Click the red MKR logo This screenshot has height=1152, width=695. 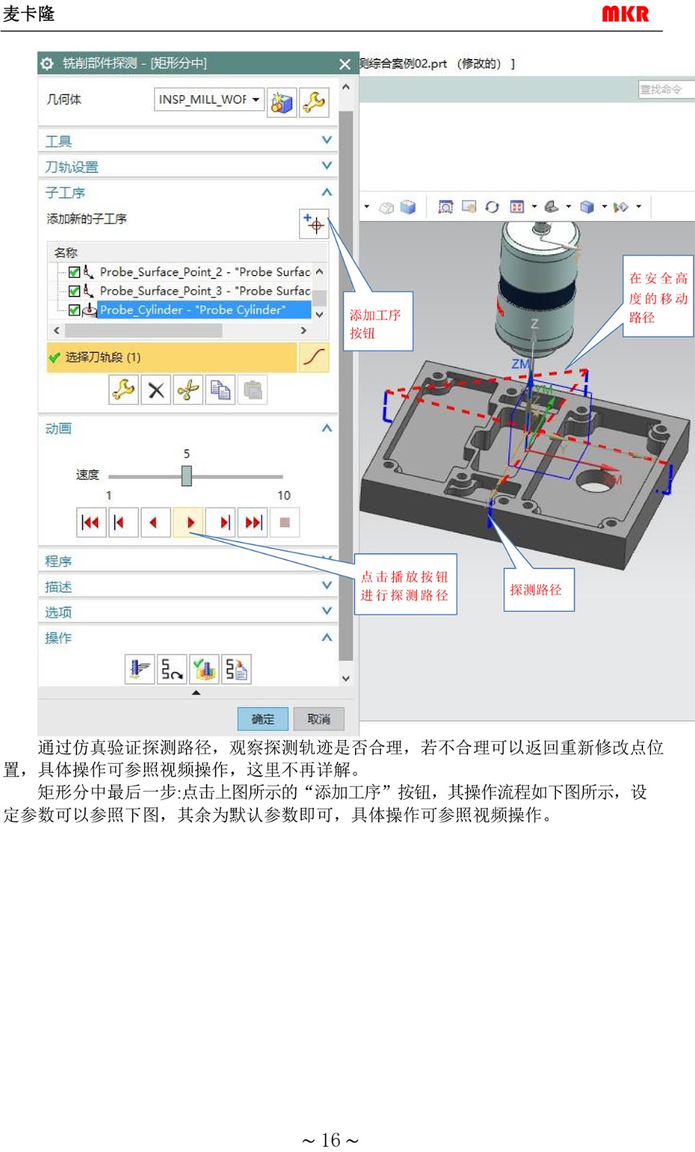[x=625, y=14]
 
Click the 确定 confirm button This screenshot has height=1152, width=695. [x=262, y=719]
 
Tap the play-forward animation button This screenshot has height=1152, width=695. [x=189, y=523]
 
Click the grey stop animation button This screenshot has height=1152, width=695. [x=284, y=523]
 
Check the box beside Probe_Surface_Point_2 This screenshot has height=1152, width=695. [x=74, y=271]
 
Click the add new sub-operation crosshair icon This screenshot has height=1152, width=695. [x=314, y=224]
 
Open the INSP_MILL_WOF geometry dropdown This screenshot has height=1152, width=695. [x=209, y=99]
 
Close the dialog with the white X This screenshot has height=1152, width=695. [x=345, y=64]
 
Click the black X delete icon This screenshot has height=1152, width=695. [x=156, y=390]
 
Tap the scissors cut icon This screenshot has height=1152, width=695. [x=188, y=390]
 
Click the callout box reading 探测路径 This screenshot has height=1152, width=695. [x=539, y=590]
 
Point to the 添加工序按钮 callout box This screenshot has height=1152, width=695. [x=377, y=321]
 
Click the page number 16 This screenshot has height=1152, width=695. [x=331, y=1140]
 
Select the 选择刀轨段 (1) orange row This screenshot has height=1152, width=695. [x=172, y=357]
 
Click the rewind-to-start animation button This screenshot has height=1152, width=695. [x=91, y=523]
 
